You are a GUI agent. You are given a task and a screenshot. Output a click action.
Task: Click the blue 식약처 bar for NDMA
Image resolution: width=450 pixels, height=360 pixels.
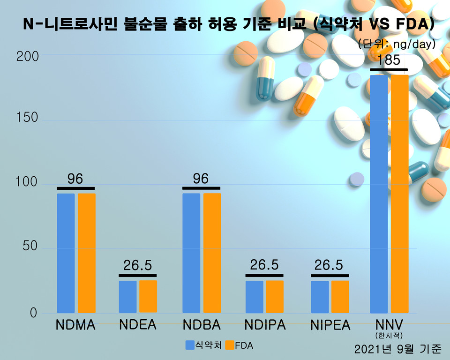(66, 253)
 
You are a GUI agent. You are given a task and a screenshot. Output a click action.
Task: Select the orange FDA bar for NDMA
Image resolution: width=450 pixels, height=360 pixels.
(87, 253)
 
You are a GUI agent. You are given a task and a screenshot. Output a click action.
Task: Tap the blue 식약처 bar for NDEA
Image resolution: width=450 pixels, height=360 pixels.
(127, 297)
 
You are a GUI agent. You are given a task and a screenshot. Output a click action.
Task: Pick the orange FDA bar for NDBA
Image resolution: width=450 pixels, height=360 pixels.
(212, 253)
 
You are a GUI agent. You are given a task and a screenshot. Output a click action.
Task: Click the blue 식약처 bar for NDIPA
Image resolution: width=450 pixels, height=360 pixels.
(255, 297)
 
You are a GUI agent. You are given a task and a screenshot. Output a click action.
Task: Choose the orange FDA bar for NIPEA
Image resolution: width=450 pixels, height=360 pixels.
(340, 297)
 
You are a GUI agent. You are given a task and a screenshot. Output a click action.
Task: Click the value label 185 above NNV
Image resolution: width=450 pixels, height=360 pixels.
(389, 60)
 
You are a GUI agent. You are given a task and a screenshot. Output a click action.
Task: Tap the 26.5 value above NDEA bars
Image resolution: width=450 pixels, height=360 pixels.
(137, 266)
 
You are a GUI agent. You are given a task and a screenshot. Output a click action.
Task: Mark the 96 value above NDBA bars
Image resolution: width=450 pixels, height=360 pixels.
(201, 179)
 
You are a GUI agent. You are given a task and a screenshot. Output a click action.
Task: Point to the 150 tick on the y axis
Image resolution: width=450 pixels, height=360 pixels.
(27, 118)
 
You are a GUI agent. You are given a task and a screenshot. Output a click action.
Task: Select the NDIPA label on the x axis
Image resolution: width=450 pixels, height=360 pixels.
(265, 325)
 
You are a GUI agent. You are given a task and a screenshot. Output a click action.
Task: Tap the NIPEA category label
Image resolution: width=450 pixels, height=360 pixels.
(330, 325)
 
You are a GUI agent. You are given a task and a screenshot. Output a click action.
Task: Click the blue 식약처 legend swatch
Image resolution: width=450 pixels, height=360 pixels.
(190, 345)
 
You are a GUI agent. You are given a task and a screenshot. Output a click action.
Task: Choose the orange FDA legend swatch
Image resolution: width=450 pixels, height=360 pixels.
(229, 345)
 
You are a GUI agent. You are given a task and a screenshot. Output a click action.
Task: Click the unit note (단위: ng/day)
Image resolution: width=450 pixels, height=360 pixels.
(397, 44)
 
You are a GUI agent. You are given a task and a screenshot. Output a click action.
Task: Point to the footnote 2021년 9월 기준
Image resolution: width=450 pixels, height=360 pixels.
(397, 349)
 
